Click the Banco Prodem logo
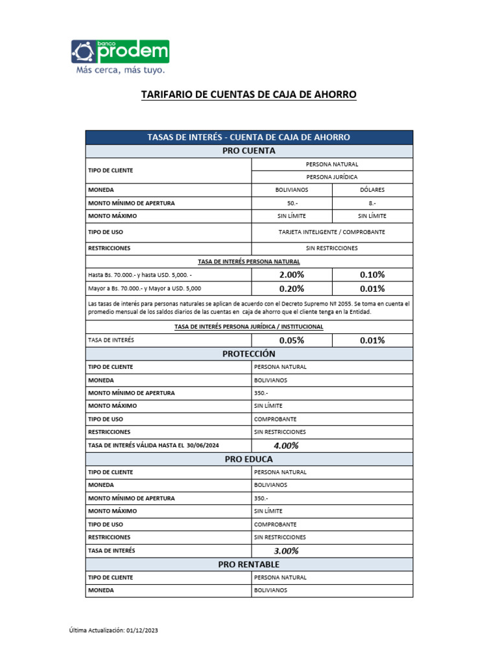point(119,52)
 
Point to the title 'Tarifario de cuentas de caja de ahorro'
point(249,95)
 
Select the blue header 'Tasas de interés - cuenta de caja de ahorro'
point(249,137)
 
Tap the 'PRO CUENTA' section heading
point(249,150)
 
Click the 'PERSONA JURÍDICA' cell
point(332,177)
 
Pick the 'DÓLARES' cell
point(372,190)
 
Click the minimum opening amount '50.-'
point(292,203)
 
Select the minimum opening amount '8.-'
point(372,203)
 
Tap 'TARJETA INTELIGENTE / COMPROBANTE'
point(332,231)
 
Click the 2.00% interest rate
point(292,274)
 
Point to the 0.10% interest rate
point(372,274)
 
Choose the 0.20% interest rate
point(292,289)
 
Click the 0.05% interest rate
point(292,340)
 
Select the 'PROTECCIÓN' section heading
point(249,353)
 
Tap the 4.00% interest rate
point(286,445)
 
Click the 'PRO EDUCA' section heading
point(249,459)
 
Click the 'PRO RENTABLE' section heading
point(249,564)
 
